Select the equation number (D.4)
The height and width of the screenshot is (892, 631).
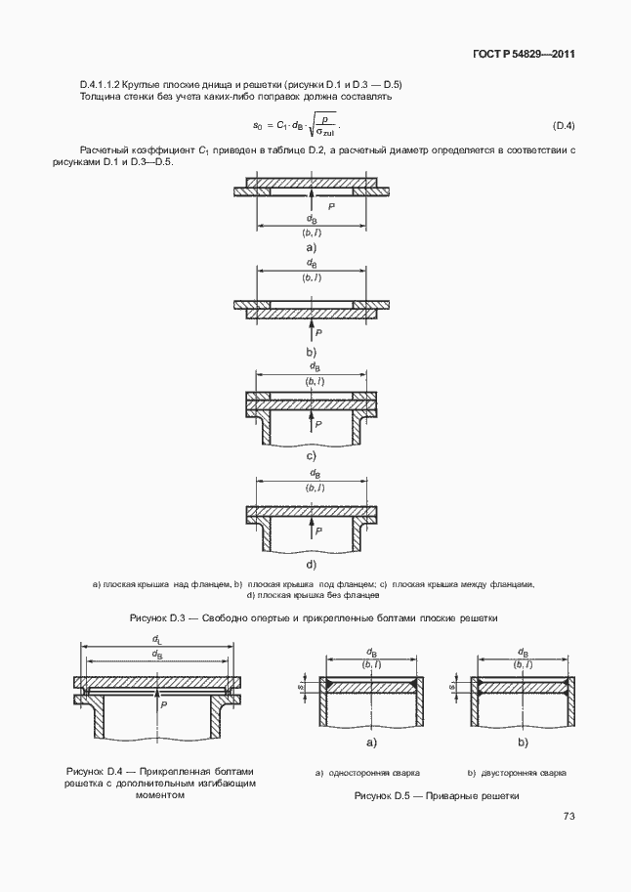(x=564, y=126)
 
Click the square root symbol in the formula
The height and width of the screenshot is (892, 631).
(x=316, y=125)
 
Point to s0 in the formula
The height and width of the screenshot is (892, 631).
(x=258, y=126)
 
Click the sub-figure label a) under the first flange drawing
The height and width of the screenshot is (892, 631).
(x=311, y=248)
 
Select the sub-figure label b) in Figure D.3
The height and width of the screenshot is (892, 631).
(x=311, y=351)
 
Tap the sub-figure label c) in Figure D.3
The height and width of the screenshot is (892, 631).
(x=311, y=456)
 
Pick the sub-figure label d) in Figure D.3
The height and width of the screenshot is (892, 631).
(x=311, y=564)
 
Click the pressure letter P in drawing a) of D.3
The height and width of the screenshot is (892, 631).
(x=331, y=207)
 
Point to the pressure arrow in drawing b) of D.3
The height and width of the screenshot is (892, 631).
(x=311, y=326)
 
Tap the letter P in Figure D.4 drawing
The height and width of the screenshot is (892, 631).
(x=164, y=703)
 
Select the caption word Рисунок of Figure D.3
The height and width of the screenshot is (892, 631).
(x=151, y=618)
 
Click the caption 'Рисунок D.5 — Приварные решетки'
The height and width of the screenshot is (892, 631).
(x=436, y=796)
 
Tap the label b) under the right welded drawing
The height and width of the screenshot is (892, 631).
(x=523, y=743)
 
